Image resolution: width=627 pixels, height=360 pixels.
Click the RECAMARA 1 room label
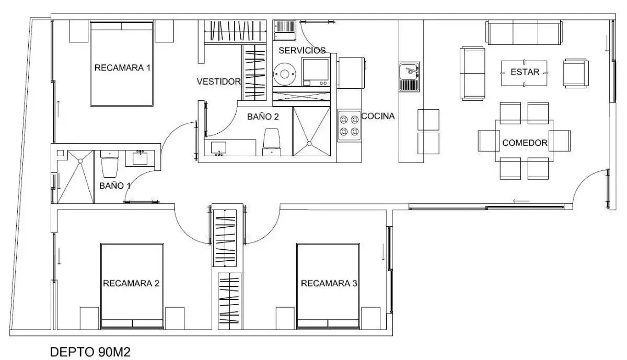tap(122, 68)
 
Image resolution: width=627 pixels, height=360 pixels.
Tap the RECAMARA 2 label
tap(131, 283)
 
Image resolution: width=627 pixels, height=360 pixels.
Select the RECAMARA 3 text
tap(329, 283)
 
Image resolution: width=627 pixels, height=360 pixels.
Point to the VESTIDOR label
tap(218, 82)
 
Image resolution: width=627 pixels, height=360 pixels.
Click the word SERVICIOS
tap(302, 50)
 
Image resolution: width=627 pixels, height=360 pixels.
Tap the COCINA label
tap(378, 116)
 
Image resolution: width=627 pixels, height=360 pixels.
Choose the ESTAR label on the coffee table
tap(525, 72)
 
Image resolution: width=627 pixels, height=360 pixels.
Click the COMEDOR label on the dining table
tap(525, 143)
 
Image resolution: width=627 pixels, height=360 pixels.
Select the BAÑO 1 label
tap(115, 185)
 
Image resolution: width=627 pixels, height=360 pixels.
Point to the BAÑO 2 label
tap(263, 117)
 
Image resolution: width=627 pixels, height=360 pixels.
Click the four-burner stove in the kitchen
tap(350, 125)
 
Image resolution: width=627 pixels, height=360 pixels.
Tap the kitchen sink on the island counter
tap(409, 77)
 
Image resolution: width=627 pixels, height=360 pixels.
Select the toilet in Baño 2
tap(272, 142)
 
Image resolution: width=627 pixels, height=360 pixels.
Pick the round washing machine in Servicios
tap(284, 74)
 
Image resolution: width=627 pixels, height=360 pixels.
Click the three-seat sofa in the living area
tap(525, 32)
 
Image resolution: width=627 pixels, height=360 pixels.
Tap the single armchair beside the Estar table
tap(576, 73)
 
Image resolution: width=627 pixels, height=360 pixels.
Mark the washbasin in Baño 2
tap(218, 147)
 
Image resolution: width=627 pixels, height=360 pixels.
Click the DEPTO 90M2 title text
tap(90, 352)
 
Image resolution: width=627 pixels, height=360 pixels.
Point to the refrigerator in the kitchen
tap(351, 73)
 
